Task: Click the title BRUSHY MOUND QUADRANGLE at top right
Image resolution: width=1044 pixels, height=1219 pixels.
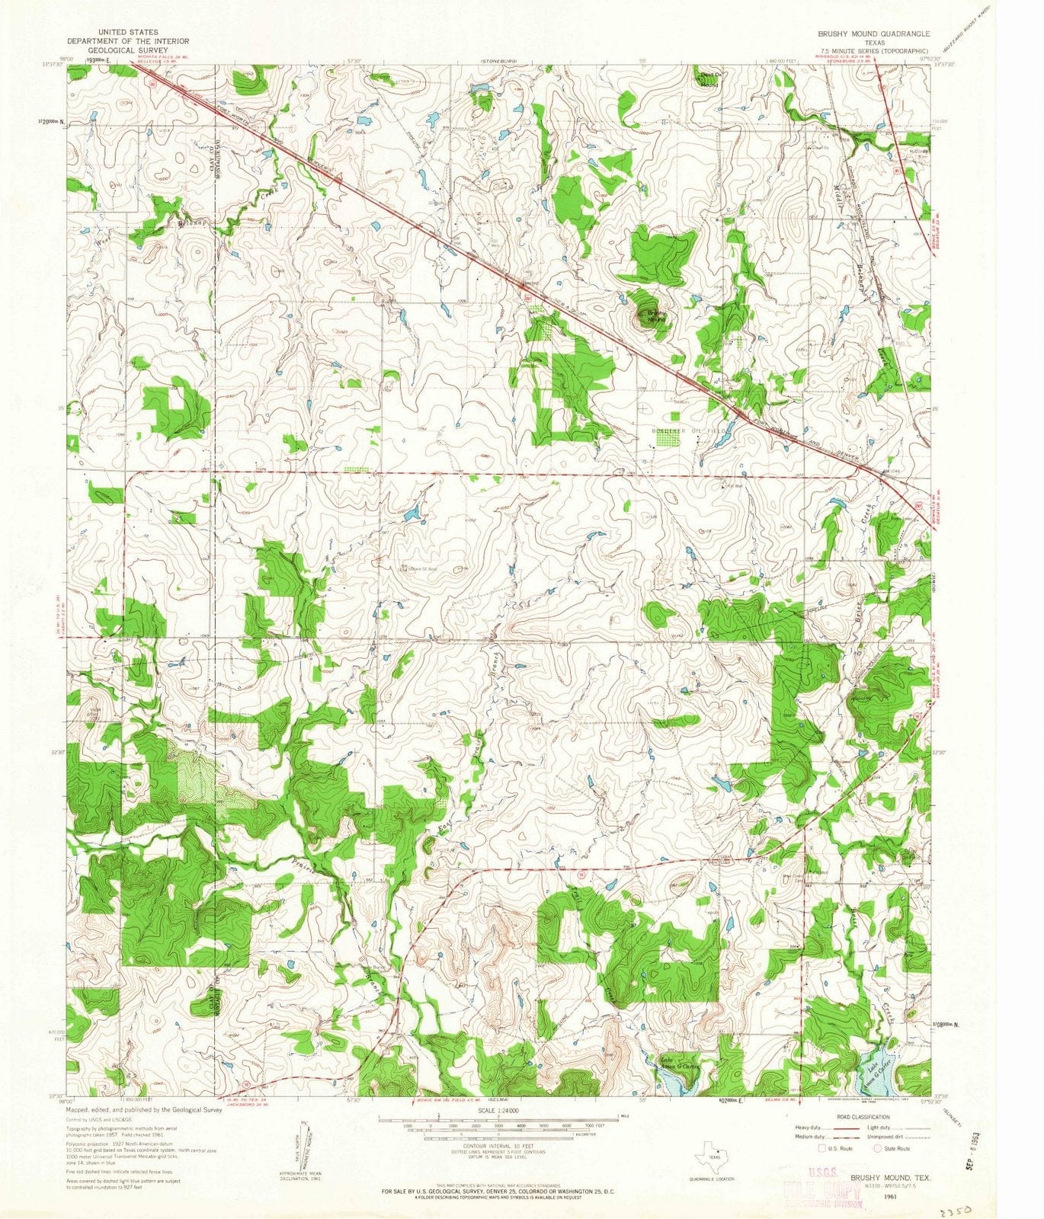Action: [874, 34]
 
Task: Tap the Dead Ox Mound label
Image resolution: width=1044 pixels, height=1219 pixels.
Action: [709, 78]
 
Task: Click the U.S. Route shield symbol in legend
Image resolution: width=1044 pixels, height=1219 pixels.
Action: [821, 1148]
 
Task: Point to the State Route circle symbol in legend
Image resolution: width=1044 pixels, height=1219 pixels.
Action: [877, 1148]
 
